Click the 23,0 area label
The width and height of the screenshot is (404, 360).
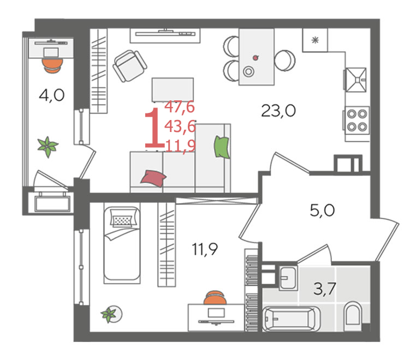278,111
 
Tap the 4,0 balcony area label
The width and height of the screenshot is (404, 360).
51,95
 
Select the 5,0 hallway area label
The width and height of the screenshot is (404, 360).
322,211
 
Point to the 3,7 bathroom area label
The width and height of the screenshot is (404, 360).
325,289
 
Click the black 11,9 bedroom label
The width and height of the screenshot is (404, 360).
205,249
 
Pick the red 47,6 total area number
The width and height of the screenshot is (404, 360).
180,107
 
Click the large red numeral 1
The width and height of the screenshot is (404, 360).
154,128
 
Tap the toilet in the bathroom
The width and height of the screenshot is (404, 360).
353,316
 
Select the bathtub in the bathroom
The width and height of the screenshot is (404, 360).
292,319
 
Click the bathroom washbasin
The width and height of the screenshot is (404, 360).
288,278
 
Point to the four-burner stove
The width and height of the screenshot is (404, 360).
357,120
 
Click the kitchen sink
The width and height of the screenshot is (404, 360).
356,80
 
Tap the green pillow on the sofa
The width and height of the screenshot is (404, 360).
222,147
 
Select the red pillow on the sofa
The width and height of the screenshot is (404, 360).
153,178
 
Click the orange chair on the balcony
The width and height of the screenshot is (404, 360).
52,66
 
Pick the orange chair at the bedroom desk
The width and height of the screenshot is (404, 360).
215,298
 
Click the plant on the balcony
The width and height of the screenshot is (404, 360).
47,147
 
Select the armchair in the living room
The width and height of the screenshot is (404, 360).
130,66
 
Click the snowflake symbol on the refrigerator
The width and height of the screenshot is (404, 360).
315,40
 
